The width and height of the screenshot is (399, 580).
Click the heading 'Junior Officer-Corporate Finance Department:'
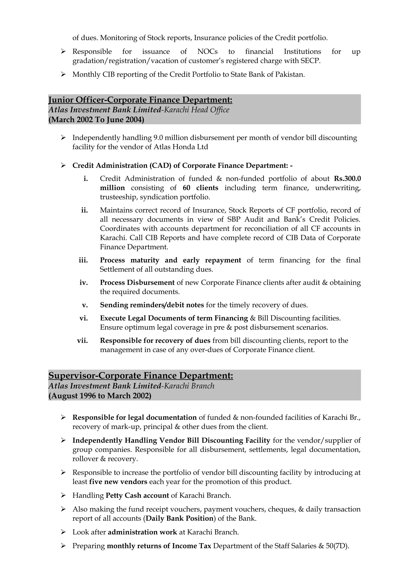140,100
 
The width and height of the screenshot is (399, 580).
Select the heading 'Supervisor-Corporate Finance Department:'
140,376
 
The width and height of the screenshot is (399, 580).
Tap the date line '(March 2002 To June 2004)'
96,120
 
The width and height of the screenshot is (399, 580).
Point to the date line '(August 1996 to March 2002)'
100,396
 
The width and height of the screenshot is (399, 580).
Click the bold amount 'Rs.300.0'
347,178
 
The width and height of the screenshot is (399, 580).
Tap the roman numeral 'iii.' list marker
83,260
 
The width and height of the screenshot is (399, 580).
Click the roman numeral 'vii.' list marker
82,341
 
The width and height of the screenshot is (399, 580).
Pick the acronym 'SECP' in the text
310,61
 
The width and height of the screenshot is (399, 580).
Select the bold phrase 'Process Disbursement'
137,282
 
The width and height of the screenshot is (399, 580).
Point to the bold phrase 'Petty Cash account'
137,495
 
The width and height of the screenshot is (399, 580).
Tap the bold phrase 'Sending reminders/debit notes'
152,305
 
